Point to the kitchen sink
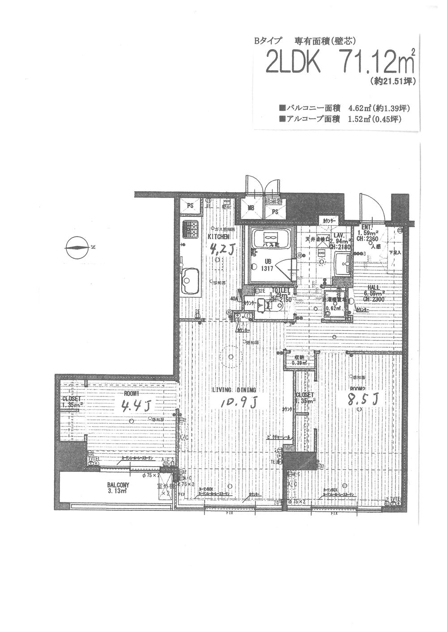[x=190, y=281]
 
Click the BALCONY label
[x=118, y=485]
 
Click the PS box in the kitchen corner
[x=190, y=206]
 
